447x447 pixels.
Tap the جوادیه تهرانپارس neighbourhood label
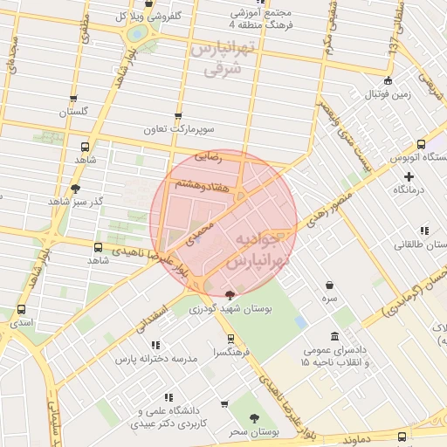coord(254,250)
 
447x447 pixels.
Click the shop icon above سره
coord(329,285)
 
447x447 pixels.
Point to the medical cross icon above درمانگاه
coord(408,176)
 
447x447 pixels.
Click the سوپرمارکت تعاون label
coord(179,129)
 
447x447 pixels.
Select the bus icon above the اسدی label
coord(21,308)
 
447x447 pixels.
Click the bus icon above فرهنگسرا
coord(230,339)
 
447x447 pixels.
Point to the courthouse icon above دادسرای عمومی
coord(335,336)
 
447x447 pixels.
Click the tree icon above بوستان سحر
coord(254,419)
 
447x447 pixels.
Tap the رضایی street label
coord(208,158)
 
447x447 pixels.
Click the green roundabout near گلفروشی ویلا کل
coord(137,34)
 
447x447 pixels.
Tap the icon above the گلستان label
coord(73,99)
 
